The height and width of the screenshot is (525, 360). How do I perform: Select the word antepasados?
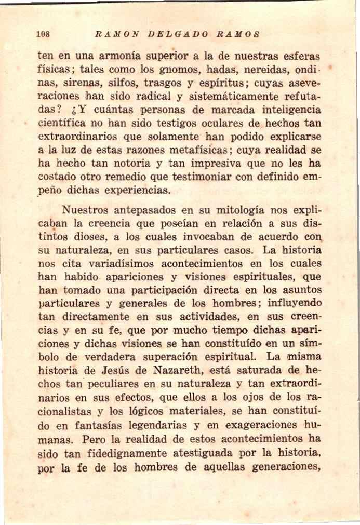[x=154, y=211]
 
